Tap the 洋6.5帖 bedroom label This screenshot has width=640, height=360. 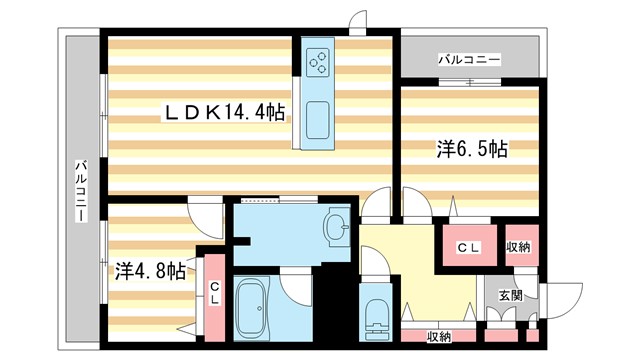(471, 150)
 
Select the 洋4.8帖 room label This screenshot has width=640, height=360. (149, 270)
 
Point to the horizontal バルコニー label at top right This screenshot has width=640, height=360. (469, 60)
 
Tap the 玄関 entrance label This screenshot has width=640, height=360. (510, 294)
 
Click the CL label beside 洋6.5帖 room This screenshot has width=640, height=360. (468, 247)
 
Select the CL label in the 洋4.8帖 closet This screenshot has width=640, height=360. (215, 291)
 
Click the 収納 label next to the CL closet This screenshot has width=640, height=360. (518, 247)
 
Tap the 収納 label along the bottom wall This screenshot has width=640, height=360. (439, 337)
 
